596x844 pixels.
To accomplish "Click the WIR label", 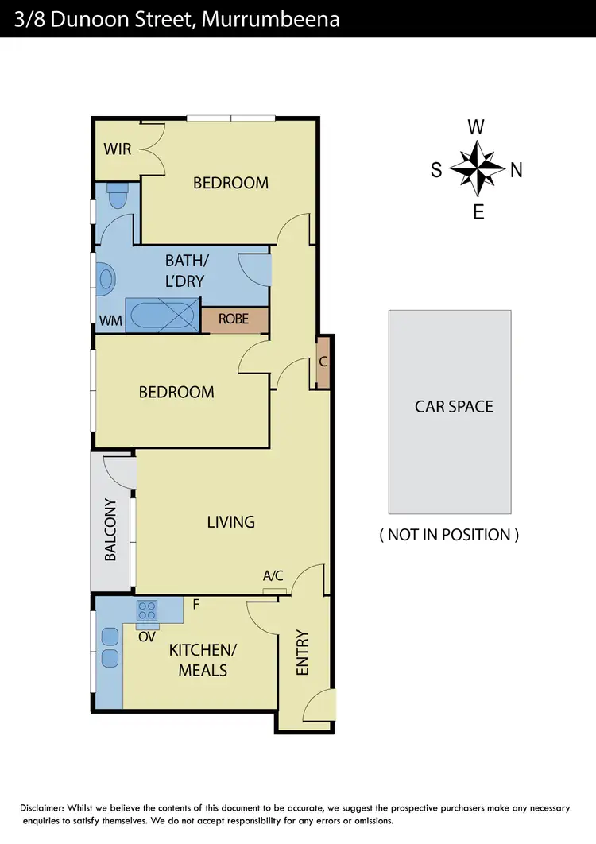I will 117,149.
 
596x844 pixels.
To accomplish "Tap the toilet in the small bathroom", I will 117,196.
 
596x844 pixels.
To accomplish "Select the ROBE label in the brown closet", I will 234,319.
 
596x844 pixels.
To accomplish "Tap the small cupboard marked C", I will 322,362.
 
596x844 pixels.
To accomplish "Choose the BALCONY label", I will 110,529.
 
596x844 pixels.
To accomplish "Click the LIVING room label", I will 230,522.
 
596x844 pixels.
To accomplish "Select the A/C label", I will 273,575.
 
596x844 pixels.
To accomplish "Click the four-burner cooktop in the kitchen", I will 148,610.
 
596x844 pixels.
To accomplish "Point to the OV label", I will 146,637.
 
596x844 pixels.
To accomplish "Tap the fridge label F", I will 195,604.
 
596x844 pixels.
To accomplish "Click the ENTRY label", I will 303,652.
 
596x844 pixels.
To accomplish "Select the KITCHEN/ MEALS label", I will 203,660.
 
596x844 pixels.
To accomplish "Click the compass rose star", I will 477,168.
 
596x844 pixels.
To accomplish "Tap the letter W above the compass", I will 476,127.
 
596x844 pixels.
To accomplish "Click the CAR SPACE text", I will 454,406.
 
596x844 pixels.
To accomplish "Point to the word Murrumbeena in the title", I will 271,18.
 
